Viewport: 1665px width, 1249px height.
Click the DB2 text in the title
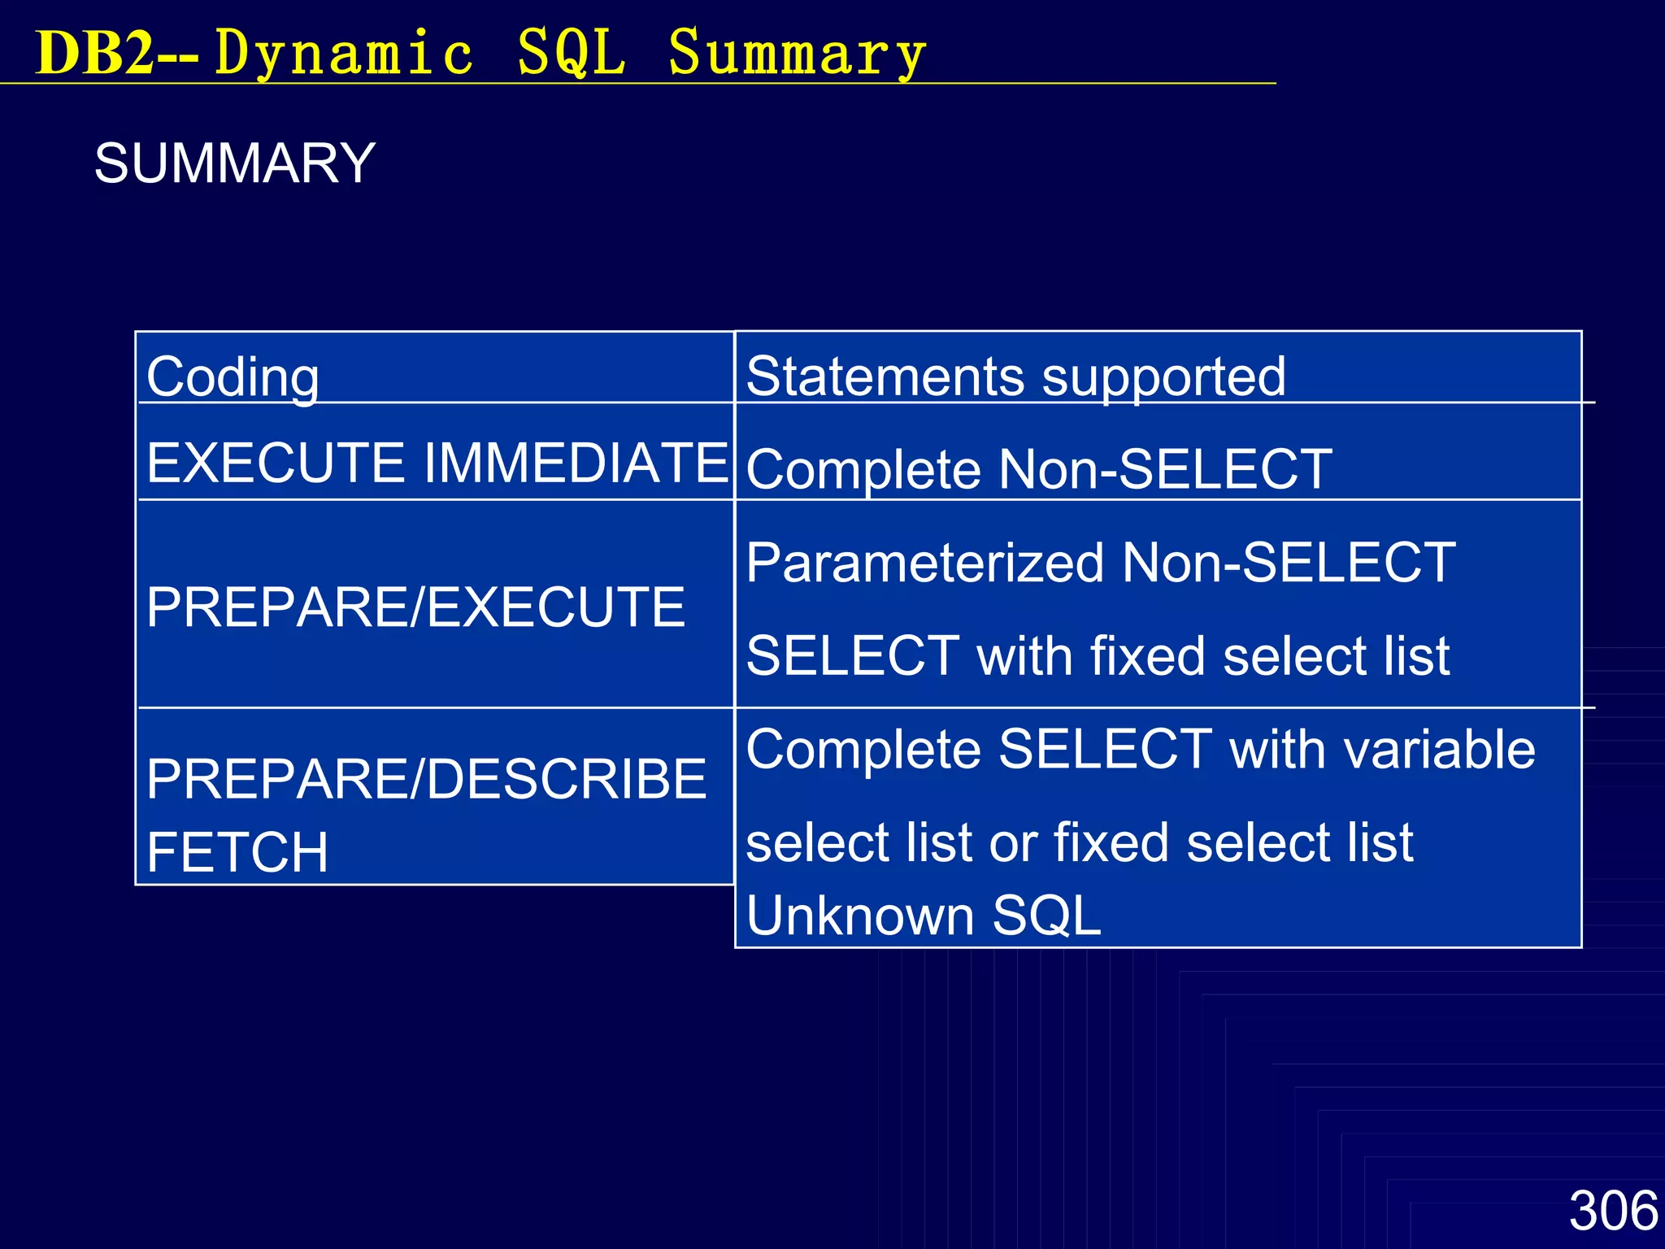point(95,54)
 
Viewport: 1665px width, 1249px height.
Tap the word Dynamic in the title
point(344,54)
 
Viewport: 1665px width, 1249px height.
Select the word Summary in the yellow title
point(797,54)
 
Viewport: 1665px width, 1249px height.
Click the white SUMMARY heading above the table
point(235,163)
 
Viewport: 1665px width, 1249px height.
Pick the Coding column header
point(233,376)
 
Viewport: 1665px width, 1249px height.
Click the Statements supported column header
point(1015,376)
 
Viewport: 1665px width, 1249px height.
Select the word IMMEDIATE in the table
point(576,462)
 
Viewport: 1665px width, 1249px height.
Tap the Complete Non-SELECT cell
point(1038,469)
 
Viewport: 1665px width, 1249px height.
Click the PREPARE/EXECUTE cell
point(415,607)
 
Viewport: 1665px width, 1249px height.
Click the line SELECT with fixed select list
point(1098,655)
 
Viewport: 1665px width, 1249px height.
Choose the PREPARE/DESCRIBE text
point(427,778)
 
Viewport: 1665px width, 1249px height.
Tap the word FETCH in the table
point(237,851)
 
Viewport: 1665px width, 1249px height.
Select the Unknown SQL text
point(924,915)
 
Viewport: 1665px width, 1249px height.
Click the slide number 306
point(1613,1210)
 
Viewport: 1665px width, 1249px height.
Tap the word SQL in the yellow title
point(572,54)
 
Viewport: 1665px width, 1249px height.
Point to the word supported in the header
point(1163,376)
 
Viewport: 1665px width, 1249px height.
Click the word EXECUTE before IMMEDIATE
point(276,462)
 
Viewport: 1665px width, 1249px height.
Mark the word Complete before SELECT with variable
point(863,749)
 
